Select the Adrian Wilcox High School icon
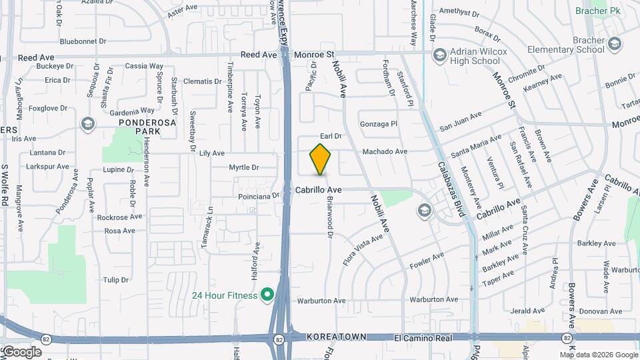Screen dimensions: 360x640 pos(439,54)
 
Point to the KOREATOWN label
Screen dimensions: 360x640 pos(337,338)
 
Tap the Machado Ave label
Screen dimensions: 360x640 pos(385,152)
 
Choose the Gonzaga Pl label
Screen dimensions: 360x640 pos(378,124)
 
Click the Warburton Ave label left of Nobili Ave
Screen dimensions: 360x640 pos(321,301)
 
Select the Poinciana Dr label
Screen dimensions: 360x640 pos(258,197)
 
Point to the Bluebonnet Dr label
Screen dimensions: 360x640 pos(79,41)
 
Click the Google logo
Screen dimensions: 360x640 pos(22,351)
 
